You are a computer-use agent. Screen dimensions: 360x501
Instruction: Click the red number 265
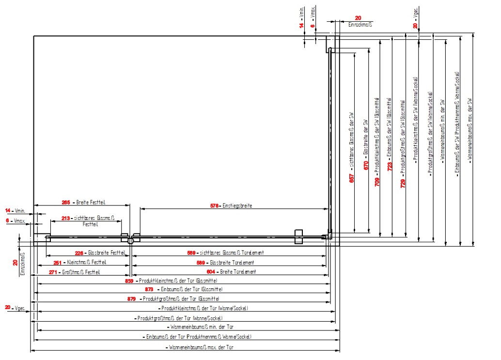point(66,202)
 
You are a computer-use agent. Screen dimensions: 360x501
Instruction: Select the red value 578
point(215,206)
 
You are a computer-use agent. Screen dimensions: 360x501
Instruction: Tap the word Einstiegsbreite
point(237,206)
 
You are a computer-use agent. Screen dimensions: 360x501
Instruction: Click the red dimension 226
point(80,253)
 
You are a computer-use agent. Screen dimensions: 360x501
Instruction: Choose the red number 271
point(54,272)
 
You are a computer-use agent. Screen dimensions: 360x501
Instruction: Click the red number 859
point(129,281)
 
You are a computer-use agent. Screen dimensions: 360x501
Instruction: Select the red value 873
point(150,289)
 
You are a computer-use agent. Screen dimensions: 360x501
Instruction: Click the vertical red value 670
point(366,165)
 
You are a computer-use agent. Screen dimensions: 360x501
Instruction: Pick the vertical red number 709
point(378,182)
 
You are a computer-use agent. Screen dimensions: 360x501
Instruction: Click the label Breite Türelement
point(238,272)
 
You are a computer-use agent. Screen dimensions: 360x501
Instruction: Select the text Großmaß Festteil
point(79,272)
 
